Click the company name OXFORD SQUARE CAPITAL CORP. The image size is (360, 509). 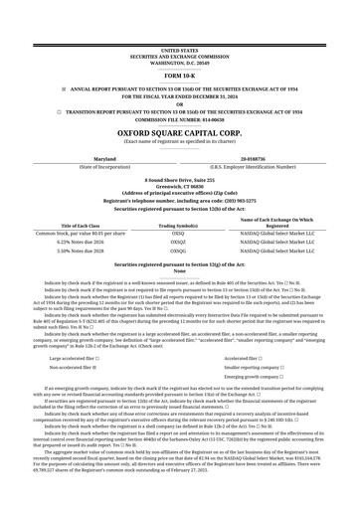179,130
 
